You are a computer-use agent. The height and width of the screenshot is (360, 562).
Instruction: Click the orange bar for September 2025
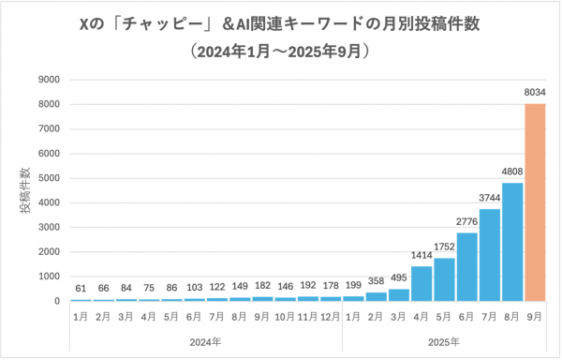coord(535,202)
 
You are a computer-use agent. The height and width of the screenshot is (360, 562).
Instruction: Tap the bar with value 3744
coord(490,255)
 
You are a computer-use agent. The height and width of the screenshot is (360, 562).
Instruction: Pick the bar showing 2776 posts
coord(466,267)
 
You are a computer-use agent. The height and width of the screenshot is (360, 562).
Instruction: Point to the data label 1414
coord(421,255)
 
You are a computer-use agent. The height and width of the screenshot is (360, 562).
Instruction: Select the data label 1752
coord(444,247)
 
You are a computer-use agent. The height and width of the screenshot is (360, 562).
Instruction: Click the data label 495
coord(399,278)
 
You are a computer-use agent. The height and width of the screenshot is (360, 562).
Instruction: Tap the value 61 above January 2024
coord(81,289)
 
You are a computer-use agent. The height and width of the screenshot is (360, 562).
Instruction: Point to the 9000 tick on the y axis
coord(51,80)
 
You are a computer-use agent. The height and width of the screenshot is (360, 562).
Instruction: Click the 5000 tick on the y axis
coord(51,178)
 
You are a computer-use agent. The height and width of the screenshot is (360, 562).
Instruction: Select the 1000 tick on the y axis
coord(51,277)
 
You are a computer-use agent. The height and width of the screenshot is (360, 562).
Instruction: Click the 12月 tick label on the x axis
coord(331,317)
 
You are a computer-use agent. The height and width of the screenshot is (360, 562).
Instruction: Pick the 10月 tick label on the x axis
coord(286,317)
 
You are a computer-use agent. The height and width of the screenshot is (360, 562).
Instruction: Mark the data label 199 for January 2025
coord(354,285)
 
